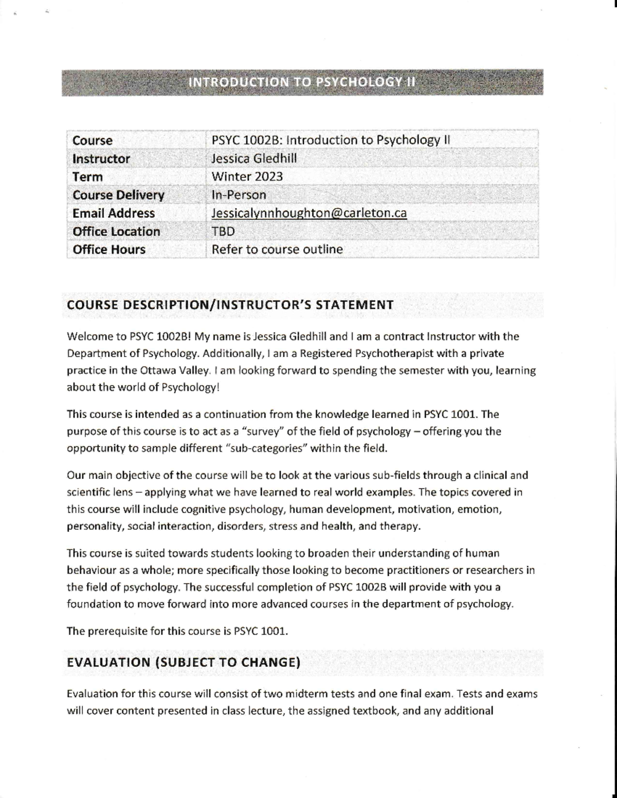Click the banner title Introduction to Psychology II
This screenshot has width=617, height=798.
coord(302,82)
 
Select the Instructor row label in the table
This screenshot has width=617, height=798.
coord(101,159)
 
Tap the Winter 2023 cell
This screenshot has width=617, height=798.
coord(247,177)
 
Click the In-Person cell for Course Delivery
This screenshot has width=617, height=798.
coord(239,195)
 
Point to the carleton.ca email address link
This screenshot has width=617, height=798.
coord(309,213)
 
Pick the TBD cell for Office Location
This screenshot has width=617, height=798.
coord(223,232)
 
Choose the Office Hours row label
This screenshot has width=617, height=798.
coord(109,250)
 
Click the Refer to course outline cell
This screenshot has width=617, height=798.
coord(277,250)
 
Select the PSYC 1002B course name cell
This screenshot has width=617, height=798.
coord(331,140)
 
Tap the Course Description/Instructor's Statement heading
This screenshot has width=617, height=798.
coord(230,305)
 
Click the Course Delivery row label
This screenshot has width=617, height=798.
coord(118,195)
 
